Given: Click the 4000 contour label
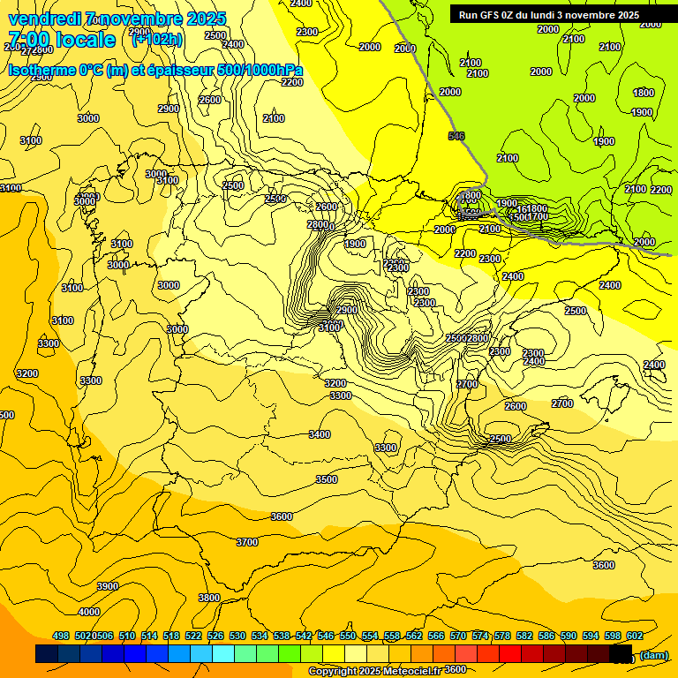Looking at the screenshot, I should [x=89, y=612].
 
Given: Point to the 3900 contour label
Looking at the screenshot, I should [x=108, y=586].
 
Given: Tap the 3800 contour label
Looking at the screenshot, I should [x=208, y=598].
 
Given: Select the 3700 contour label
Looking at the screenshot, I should [x=247, y=542].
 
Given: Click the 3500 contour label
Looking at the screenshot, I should [x=327, y=479].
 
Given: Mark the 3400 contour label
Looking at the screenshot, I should [x=320, y=434].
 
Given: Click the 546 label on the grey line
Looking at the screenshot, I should [x=456, y=135].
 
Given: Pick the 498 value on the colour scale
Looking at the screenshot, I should [x=61, y=636].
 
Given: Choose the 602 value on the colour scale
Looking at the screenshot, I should [x=635, y=636].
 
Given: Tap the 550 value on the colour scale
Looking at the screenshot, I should [x=348, y=636].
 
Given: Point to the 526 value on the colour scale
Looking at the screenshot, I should [x=215, y=636].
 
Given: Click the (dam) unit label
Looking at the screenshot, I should [x=654, y=654].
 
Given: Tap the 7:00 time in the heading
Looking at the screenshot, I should [x=27, y=40].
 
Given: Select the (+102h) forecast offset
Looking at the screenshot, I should [x=157, y=39].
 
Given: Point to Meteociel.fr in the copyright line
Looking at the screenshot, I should [x=406, y=671].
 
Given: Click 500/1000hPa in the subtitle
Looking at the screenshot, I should [x=257, y=71].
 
